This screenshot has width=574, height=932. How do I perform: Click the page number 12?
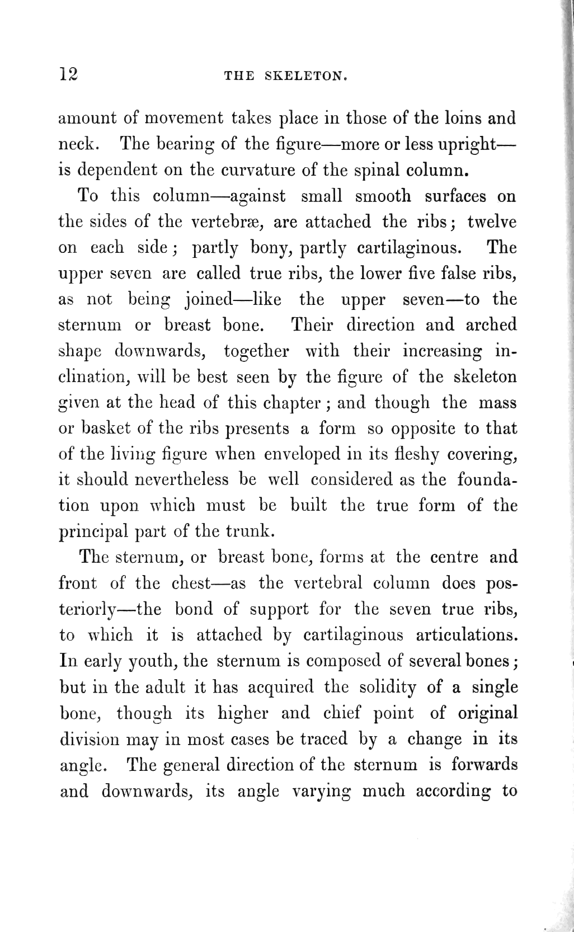click(x=68, y=74)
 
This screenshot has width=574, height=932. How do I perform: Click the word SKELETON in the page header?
click(x=305, y=76)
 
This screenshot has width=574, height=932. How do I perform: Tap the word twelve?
click(x=492, y=222)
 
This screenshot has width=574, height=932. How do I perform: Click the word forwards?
click(x=484, y=765)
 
